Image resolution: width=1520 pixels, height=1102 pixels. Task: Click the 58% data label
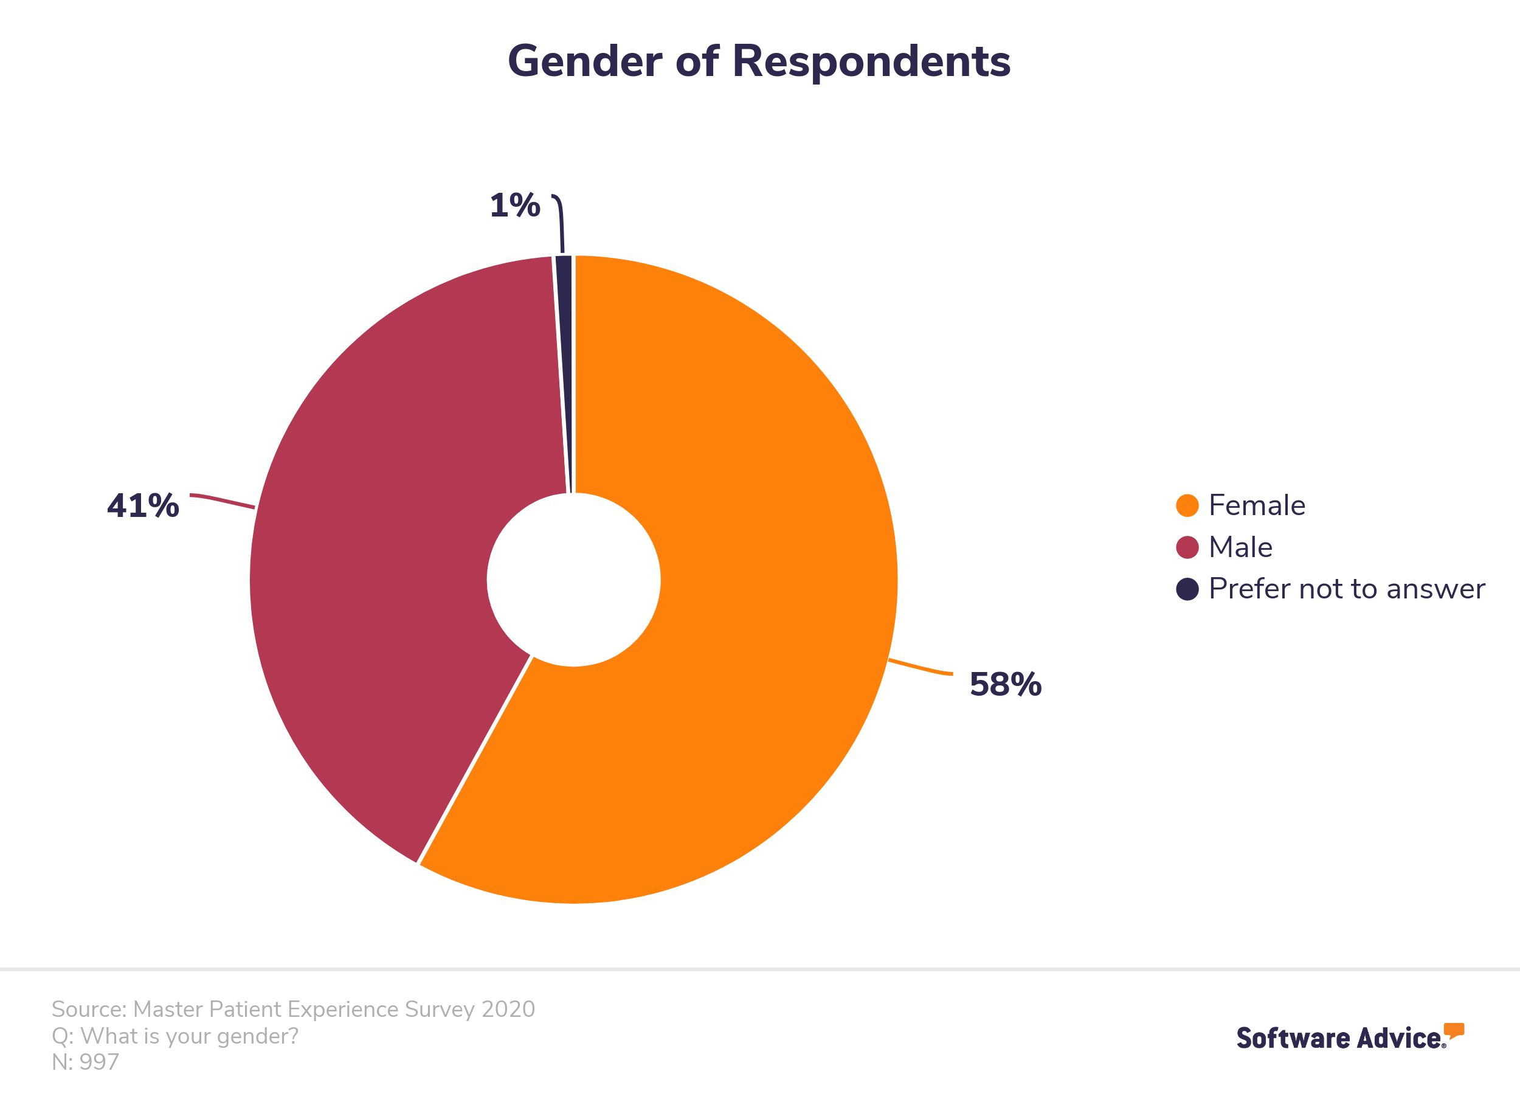(x=1005, y=684)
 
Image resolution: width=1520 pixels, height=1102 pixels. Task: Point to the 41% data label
(x=143, y=505)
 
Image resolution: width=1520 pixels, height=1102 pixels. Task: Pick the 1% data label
(x=515, y=205)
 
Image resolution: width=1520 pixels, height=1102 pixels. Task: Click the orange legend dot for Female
(x=1187, y=505)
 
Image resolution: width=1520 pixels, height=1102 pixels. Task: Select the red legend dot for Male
(x=1187, y=547)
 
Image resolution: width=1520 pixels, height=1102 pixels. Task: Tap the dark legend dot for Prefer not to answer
(x=1187, y=589)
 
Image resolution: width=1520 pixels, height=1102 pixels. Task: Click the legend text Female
(x=1257, y=505)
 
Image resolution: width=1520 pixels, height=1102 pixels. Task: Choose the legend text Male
(x=1240, y=547)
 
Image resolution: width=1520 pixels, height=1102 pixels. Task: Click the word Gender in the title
(x=586, y=61)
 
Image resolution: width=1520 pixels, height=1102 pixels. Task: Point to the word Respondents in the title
(x=871, y=61)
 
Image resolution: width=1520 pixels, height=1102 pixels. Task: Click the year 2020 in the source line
(x=508, y=1009)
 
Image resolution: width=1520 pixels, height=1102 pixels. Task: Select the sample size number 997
(x=98, y=1062)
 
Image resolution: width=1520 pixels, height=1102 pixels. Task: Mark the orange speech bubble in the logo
(x=1454, y=1030)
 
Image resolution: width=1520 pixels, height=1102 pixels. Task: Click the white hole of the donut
(x=574, y=580)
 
